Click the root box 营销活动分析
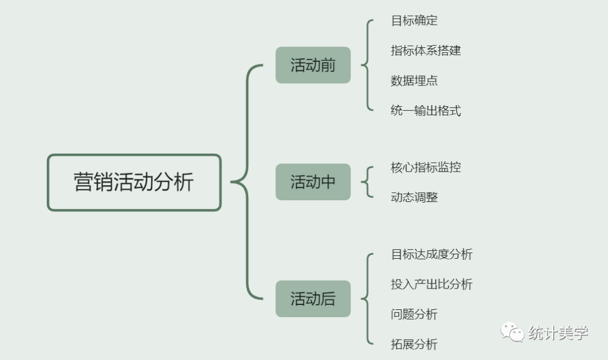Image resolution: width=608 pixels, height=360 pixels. click(x=134, y=182)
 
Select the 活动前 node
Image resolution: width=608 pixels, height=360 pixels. click(x=313, y=65)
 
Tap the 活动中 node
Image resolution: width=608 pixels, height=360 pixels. click(x=313, y=182)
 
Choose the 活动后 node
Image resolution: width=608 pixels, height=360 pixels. click(x=313, y=299)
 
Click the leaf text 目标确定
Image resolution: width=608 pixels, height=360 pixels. click(x=414, y=21)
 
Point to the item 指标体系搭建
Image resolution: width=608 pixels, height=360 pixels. click(x=426, y=51)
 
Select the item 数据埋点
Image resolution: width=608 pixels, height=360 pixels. click(x=414, y=80)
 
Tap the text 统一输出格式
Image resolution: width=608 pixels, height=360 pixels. click(x=426, y=110)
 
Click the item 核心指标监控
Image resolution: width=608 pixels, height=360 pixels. click(x=426, y=167)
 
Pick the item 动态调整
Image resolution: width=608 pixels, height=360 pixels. click(x=414, y=197)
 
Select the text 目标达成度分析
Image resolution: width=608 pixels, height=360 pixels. click(x=432, y=254)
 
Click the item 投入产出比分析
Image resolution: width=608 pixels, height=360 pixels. click(x=432, y=284)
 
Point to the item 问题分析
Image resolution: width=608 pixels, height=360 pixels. click(x=414, y=314)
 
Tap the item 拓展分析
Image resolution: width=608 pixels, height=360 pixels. click(x=414, y=344)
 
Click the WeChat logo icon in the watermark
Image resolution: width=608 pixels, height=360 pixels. click(x=512, y=332)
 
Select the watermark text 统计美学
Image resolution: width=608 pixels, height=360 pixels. click(x=558, y=333)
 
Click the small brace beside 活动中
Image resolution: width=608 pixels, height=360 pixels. click(x=367, y=182)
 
